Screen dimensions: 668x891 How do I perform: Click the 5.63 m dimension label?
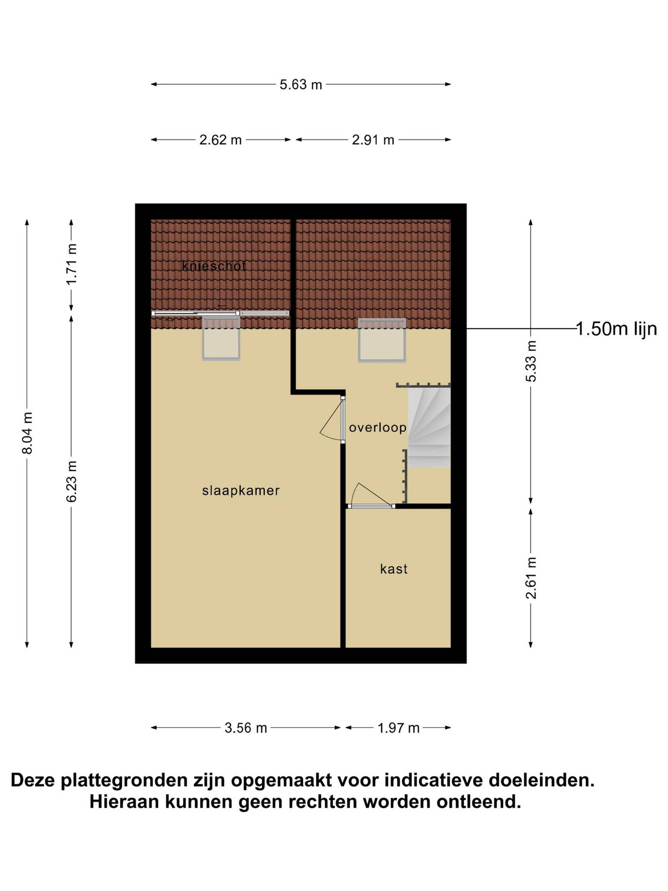click(301, 84)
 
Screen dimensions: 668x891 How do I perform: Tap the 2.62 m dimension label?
click(220, 140)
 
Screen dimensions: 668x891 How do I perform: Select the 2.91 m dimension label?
click(373, 140)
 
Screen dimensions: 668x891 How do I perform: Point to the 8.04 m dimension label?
click(27, 433)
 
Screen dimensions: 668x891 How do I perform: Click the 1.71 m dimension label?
click(71, 264)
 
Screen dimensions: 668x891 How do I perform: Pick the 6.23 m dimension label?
click(71, 481)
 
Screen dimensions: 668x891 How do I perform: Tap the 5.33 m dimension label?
click(531, 361)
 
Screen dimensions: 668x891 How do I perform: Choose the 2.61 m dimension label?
click(531, 578)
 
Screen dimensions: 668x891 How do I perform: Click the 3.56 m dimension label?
click(246, 728)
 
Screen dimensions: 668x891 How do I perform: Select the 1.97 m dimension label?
click(398, 728)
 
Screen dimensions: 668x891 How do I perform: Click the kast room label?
click(394, 569)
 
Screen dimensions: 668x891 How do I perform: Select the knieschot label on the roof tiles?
click(214, 266)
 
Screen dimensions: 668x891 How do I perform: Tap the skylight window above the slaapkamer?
click(221, 338)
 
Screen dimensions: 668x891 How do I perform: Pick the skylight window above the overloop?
click(382, 340)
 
